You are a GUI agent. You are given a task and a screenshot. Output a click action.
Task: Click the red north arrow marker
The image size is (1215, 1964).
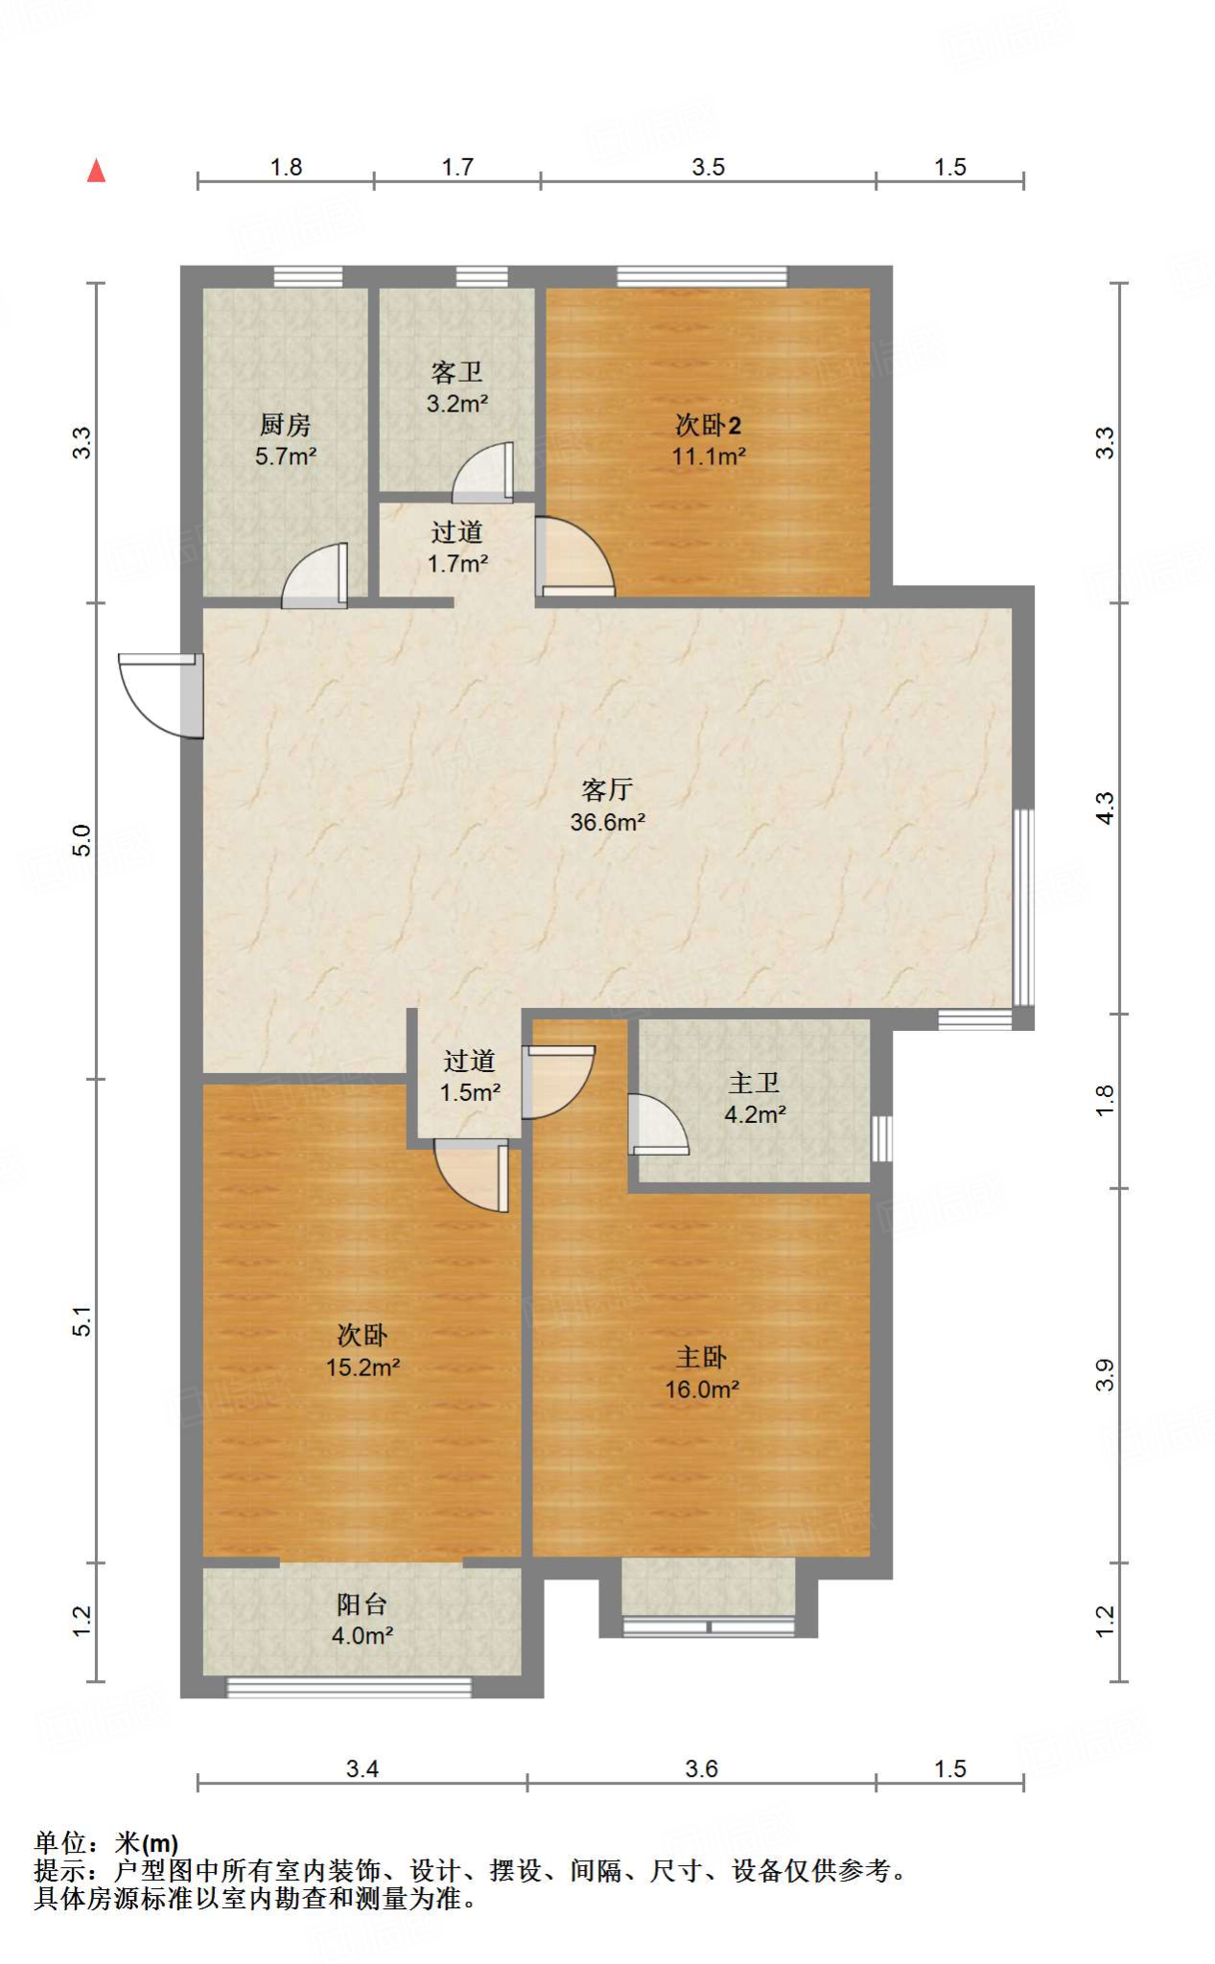click(x=96, y=171)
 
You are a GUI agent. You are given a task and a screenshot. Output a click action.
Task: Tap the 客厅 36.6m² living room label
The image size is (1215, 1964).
click(x=607, y=806)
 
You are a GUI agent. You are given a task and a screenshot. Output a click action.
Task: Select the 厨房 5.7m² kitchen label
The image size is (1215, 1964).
click(x=286, y=440)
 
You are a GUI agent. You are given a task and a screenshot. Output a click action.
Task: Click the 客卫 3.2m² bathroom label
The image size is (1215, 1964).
click(x=456, y=387)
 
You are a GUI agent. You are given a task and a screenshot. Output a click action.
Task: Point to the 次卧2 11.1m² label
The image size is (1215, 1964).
click(x=708, y=440)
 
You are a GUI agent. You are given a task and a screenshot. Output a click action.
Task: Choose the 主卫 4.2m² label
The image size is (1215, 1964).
click(x=755, y=1098)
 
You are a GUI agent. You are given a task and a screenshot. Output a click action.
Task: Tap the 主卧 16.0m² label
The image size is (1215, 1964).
click(x=702, y=1372)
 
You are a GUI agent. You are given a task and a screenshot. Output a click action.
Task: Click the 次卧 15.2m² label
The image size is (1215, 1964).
click(x=362, y=1350)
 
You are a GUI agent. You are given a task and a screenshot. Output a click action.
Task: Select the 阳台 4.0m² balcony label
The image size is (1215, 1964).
click(x=362, y=1620)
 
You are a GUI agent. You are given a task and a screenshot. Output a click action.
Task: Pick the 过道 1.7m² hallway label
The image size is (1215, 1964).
click(x=456, y=548)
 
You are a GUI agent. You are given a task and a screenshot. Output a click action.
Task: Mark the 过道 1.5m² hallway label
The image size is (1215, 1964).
click(x=470, y=1076)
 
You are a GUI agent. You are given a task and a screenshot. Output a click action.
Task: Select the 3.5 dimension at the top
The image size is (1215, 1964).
click(x=708, y=167)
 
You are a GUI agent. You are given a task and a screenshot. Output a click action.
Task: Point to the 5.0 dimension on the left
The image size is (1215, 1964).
click(x=82, y=840)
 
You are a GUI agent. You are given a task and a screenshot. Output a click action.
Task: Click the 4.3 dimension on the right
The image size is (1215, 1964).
click(x=1105, y=807)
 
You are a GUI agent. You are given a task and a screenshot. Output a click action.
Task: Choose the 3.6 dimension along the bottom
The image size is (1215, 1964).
click(x=701, y=1768)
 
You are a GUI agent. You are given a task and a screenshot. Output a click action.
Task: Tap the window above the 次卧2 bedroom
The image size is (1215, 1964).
click(x=701, y=276)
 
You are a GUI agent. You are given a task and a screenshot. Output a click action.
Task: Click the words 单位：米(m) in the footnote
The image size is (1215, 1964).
click(x=106, y=1842)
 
